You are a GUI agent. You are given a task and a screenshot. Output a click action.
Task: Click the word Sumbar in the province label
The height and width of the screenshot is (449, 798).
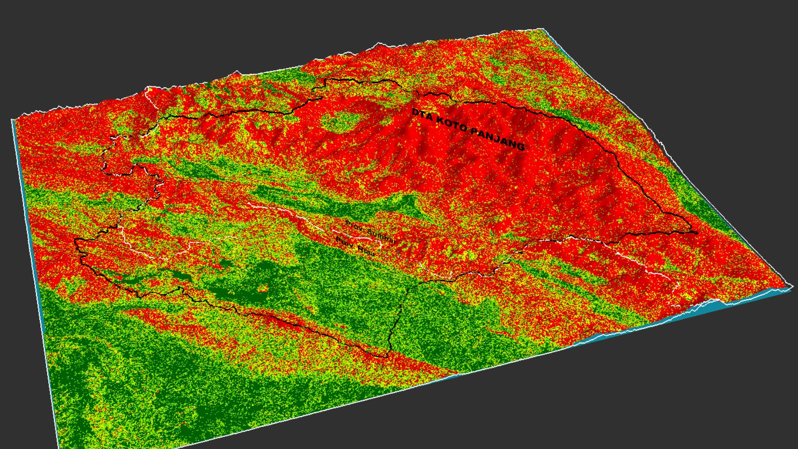(380, 235)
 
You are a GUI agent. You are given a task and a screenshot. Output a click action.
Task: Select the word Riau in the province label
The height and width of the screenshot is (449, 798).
(366, 250)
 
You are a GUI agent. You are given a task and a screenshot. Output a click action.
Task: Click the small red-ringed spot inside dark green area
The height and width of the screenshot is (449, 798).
(262, 289)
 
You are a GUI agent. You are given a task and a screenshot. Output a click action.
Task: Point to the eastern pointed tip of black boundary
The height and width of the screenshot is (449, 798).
(696, 233)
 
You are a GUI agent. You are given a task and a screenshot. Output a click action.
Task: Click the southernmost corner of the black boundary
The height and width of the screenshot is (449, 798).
(387, 357)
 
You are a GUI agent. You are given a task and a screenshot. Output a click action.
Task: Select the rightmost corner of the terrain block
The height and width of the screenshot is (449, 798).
(792, 287)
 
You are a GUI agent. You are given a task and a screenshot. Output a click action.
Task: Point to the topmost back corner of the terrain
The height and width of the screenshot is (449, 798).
(543, 29)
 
